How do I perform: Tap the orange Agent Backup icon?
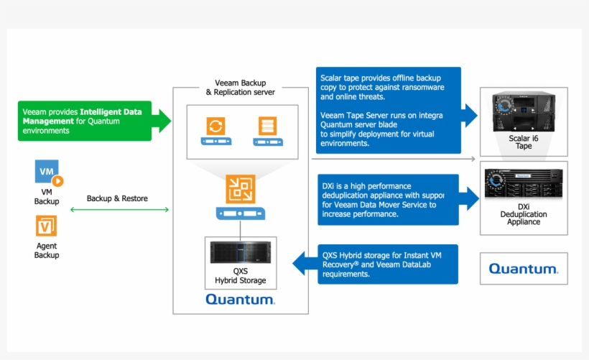(47, 226)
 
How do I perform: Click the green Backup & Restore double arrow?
(119, 210)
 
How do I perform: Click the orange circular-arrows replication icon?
(215, 126)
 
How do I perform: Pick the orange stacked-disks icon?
(266, 126)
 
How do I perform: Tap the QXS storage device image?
(240, 252)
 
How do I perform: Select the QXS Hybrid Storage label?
(240, 276)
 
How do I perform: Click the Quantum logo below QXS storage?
(240, 299)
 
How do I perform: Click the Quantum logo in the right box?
(523, 269)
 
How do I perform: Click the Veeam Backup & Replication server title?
(240, 88)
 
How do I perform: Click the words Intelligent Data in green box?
(111, 112)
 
